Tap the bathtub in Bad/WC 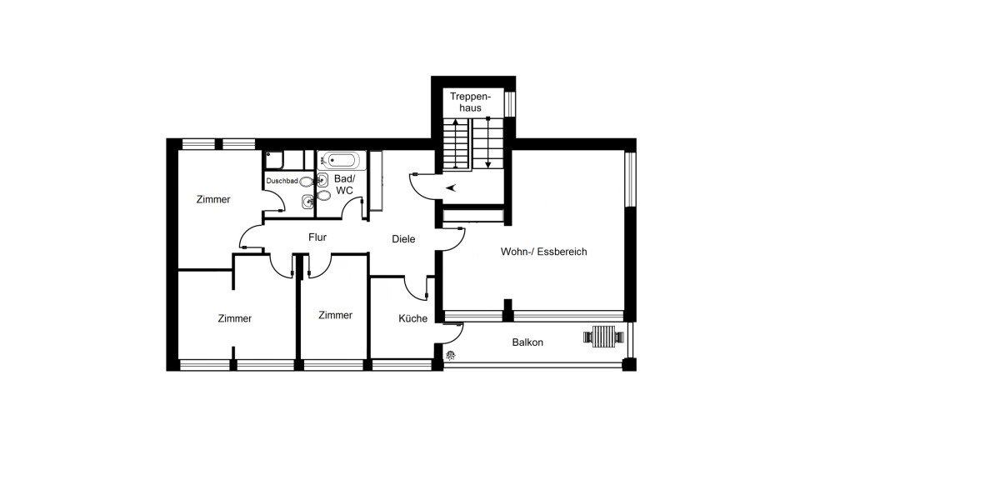(341, 160)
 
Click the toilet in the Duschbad (307, 181)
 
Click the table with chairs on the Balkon (604, 337)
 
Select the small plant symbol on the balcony (451, 356)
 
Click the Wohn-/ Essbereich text (543, 252)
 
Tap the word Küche (412, 318)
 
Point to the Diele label (403, 239)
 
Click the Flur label (317, 237)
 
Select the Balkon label (527, 342)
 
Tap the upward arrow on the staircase (455, 142)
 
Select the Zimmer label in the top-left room (213, 199)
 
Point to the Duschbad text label (282, 181)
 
